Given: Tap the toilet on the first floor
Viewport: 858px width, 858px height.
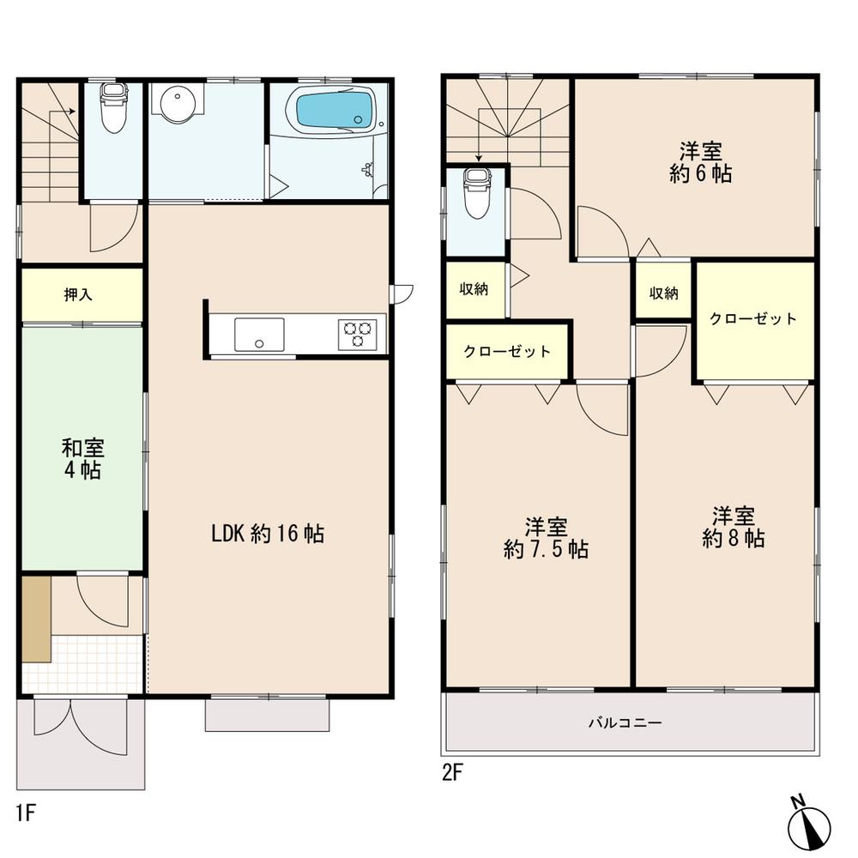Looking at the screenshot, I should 112,107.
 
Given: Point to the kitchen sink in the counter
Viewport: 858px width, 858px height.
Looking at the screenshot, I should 258,333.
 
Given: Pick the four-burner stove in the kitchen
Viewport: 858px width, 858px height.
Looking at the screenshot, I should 358,333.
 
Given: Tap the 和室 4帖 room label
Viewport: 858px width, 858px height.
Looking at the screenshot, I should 82,458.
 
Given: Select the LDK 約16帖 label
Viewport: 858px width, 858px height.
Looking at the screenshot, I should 268,534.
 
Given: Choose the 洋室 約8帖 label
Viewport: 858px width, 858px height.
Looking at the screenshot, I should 732,527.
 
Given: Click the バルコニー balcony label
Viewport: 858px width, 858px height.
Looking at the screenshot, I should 624,723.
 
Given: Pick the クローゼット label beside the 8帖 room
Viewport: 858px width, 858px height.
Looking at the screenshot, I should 752,319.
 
